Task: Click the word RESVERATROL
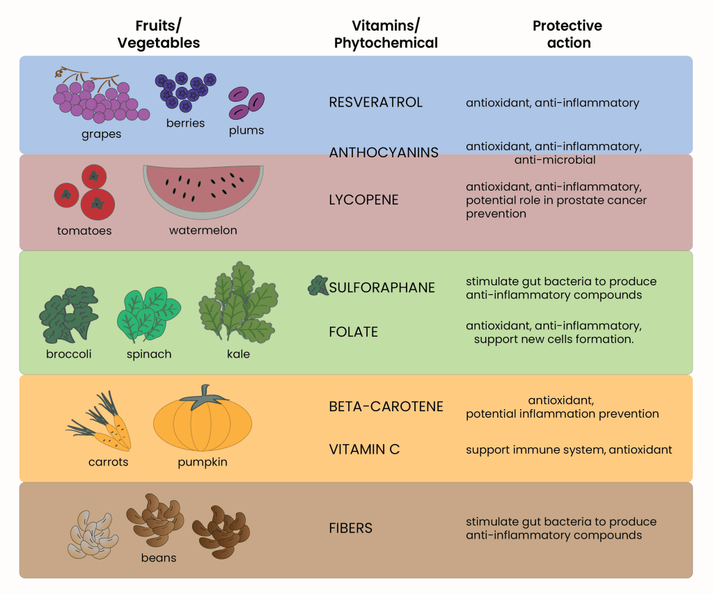tap(375, 102)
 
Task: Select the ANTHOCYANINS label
tap(384, 152)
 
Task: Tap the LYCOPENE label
tap(363, 200)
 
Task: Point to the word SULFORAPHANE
tap(382, 287)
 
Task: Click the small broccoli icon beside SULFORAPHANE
tap(318, 285)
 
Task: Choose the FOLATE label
tap(353, 332)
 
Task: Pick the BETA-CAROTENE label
tap(386, 406)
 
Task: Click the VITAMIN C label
tap(364, 450)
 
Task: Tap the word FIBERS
tap(350, 528)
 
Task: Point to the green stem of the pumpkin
tap(204, 396)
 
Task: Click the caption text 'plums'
tap(246, 130)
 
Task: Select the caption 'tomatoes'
tap(84, 230)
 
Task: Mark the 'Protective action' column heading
tap(567, 34)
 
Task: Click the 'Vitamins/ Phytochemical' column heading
tap(386, 34)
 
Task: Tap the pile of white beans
tap(92, 535)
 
